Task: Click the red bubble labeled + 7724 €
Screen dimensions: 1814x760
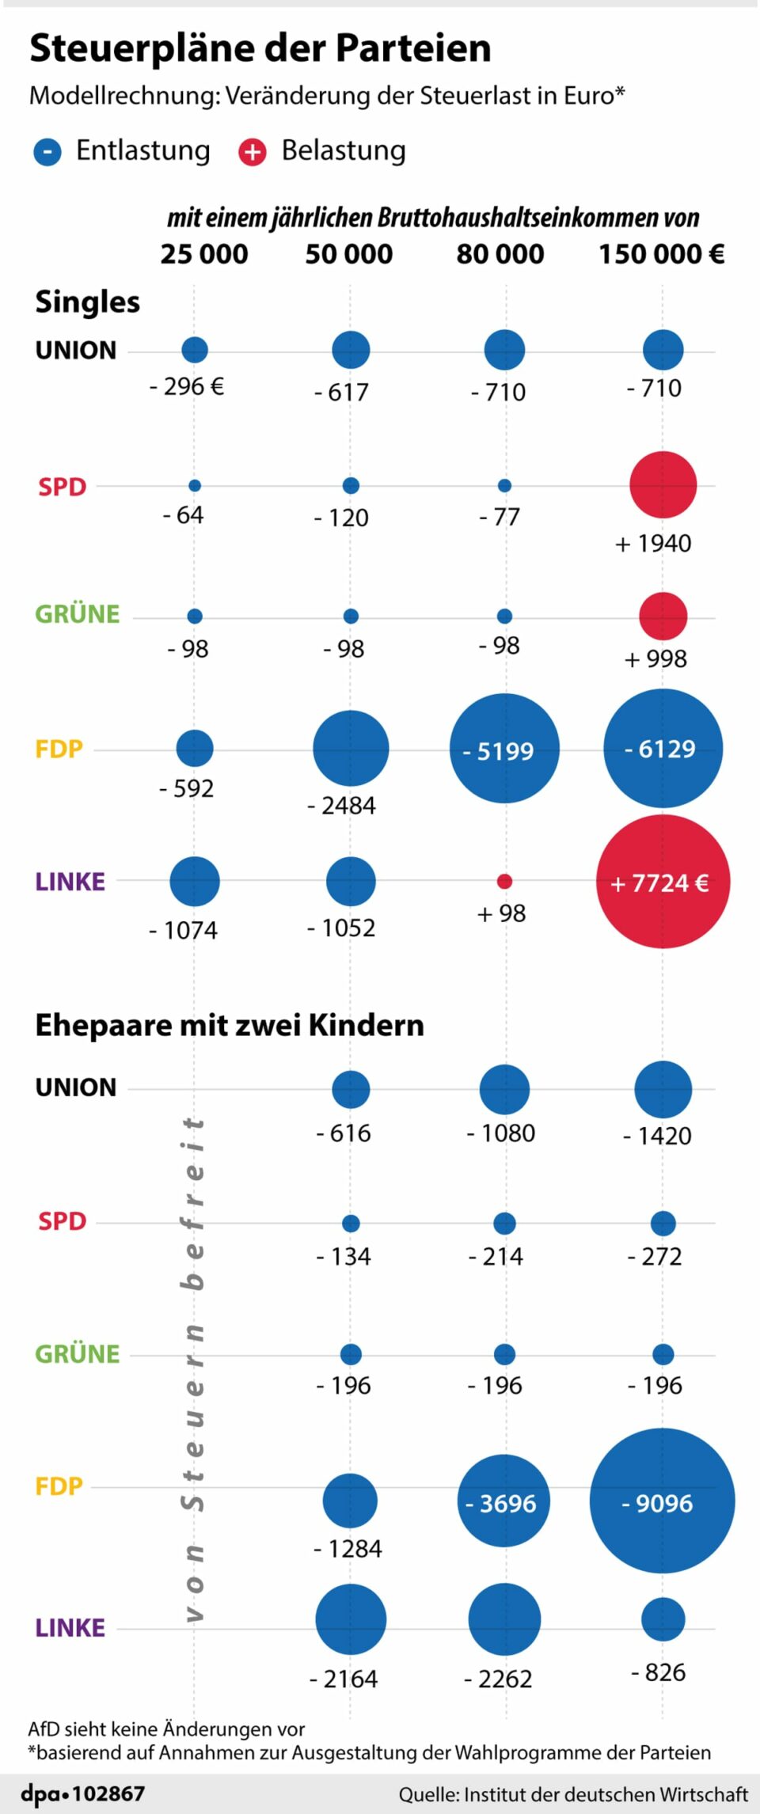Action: (663, 882)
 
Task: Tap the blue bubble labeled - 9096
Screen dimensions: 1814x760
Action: (663, 1501)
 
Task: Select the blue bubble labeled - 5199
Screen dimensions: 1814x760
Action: (504, 749)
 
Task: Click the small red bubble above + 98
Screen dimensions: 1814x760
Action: (504, 881)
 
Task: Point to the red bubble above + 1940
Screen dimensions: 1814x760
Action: (663, 484)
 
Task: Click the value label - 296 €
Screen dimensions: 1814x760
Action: (187, 387)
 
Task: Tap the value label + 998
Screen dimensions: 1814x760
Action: (655, 658)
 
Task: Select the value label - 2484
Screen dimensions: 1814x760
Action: (341, 806)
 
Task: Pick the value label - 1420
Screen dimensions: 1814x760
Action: (657, 1136)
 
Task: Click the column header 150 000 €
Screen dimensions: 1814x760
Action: (661, 254)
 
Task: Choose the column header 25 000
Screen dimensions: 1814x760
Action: (204, 254)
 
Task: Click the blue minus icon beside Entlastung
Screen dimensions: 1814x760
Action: (47, 151)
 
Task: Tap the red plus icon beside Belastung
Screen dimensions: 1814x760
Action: (253, 151)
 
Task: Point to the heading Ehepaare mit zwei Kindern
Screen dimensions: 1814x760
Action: (230, 1025)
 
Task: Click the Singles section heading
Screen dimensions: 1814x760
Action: (87, 302)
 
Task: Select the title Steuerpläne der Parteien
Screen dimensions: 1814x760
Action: (260, 48)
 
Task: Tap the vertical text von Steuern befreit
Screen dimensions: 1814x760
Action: (193, 1369)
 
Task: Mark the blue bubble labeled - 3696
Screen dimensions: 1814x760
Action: (504, 1501)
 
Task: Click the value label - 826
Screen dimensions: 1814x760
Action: (658, 1672)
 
